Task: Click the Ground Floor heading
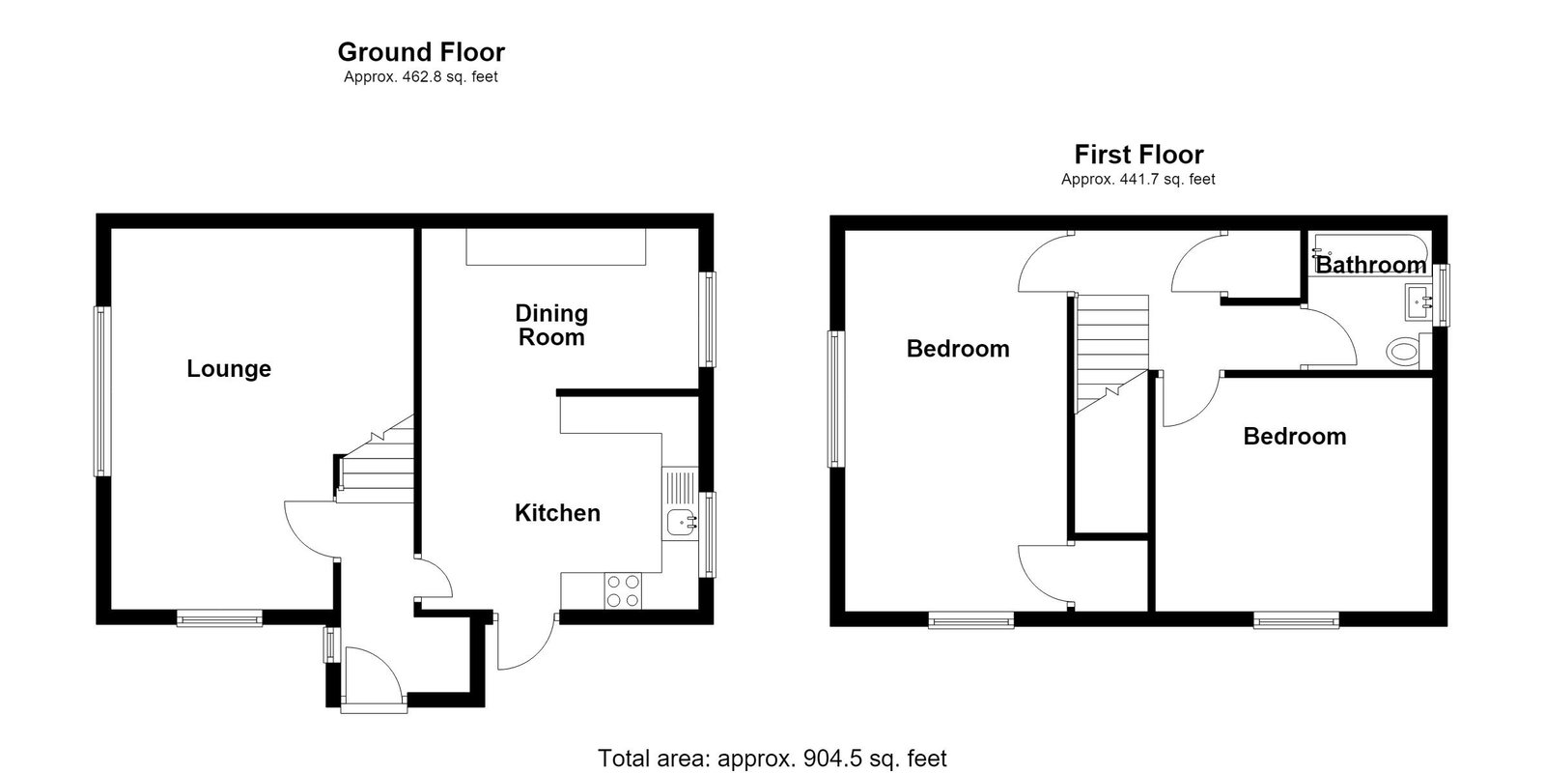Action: click(421, 52)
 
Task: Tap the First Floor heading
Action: click(1138, 155)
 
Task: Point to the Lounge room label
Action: click(229, 368)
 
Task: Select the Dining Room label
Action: click(551, 325)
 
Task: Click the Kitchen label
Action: click(557, 513)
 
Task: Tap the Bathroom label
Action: click(1370, 265)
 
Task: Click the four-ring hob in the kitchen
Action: click(623, 591)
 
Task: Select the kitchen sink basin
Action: click(682, 523)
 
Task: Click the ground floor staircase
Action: click(376, 459)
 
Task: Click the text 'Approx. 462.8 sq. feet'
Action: click(421, 77)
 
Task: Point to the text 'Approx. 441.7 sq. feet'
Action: click(1138, 180)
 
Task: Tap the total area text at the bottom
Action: click(772, 759)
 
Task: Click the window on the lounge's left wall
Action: click(102, 391)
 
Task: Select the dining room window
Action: click(708, 320)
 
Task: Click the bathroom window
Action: click(1441, 295)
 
